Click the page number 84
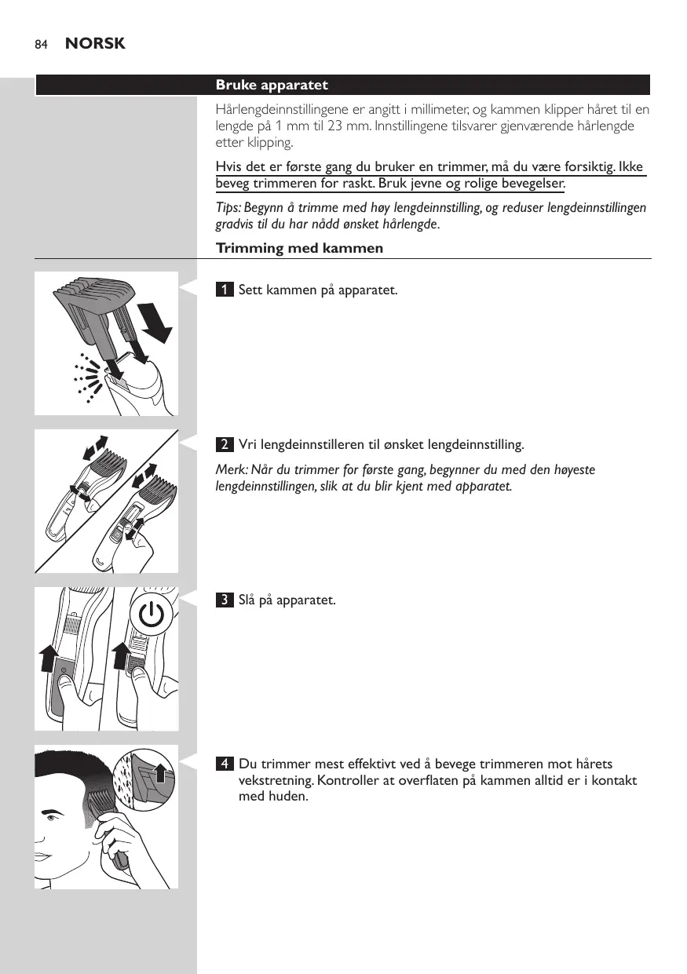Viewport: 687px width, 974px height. (x=41, y=45)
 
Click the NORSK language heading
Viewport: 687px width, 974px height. (x=95, y=43)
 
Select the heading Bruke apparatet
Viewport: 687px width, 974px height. (x=272, y=85)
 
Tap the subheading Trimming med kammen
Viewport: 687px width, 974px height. (x=299, y=248)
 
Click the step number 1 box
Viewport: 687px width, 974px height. (x=225, y=289)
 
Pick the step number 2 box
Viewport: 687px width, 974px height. (x=225, y=444)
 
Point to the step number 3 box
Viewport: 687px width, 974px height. (x=225, y=600)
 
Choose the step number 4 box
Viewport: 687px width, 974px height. (x=225, y=764)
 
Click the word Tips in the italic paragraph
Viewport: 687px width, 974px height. (x=228, y=208)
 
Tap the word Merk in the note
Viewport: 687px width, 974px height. (x=232, y=469)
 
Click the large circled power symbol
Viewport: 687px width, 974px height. (x=152, y=615)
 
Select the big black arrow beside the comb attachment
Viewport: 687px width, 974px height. (x=155, y=323)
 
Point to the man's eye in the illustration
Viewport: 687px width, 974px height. (x=51, y=818)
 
